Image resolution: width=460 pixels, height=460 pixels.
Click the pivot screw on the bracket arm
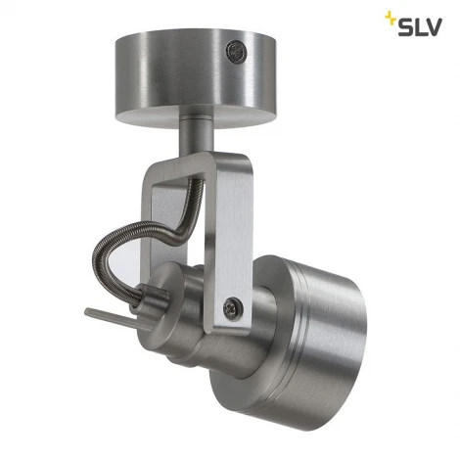pyautogui.click(x=232, y=306)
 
